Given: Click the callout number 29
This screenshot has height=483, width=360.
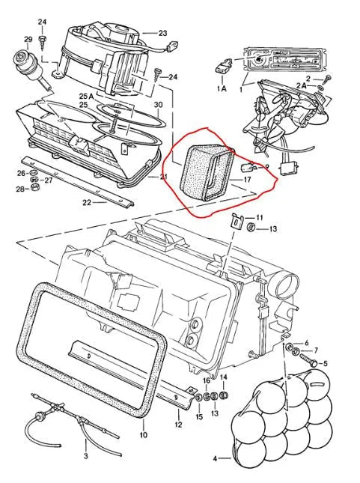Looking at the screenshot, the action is [x=28, y=40].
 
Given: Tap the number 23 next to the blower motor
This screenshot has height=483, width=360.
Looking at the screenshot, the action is [x=162, y=33].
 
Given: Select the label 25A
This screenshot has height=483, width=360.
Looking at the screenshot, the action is [x=86, y=97].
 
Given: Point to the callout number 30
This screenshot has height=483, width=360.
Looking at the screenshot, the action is [x=158, y=105].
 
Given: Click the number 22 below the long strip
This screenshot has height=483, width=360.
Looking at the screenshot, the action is [x=87, y=202].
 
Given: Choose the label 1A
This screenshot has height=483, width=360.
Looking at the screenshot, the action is [x=222, y=88].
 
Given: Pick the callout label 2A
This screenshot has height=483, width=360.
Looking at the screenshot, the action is [x=302, y=86].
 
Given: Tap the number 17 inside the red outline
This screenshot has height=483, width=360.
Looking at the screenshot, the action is [x=247, y=179].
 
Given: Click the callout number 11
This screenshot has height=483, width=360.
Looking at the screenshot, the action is [x=259, y=218].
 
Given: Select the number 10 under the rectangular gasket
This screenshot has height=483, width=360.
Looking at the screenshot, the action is [x=144, y=435].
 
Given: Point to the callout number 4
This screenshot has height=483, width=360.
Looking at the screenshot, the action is [x=215, y=459].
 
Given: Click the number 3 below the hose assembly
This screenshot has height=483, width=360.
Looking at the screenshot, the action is [x=85, y=455].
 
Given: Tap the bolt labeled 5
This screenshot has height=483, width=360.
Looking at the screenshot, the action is [x=308, y=360].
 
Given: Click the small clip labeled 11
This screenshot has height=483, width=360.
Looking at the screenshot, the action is [x=237, y=221].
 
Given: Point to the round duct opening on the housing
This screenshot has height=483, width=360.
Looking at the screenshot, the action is [x=287, y=286].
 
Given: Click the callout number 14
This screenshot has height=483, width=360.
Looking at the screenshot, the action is [x=224, y=377].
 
